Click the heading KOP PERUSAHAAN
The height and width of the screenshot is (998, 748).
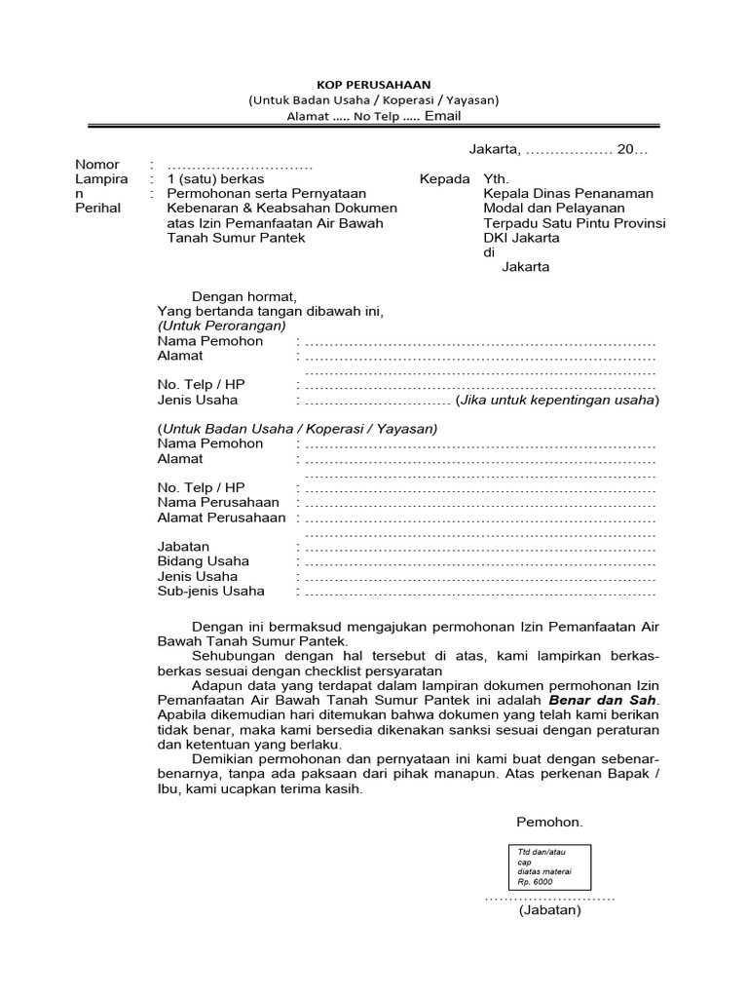pyautogui.click(x=373, y=84)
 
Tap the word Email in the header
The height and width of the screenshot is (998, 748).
pyautogui.click(x=441, y=116)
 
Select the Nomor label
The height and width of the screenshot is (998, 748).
pyautogui.click(x=97, y=165)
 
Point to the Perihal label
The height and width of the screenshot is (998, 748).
pyautogui.click(x=98, y=209)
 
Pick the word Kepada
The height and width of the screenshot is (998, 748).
pyautogui.click(x=444, y=179)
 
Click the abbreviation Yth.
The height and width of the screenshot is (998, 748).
pyautogui.click(x=496, y=179)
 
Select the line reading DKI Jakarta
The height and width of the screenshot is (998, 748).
pyautogui.click(x=521, y=238)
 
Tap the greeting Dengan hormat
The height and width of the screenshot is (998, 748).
pyautogui.click(x=243, y=296)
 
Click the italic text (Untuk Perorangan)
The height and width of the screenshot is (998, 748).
pyautogui.click(x=222, y=326)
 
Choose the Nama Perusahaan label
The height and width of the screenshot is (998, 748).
pyautogui.click(x=218, y=502)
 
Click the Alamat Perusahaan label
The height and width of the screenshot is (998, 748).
pyautogui.click(x=221, y=518)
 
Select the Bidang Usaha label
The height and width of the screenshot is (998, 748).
pyautogui.click(x=203, y=561)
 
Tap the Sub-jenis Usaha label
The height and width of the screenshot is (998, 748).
pyautogui.click(x=210, y=591)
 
